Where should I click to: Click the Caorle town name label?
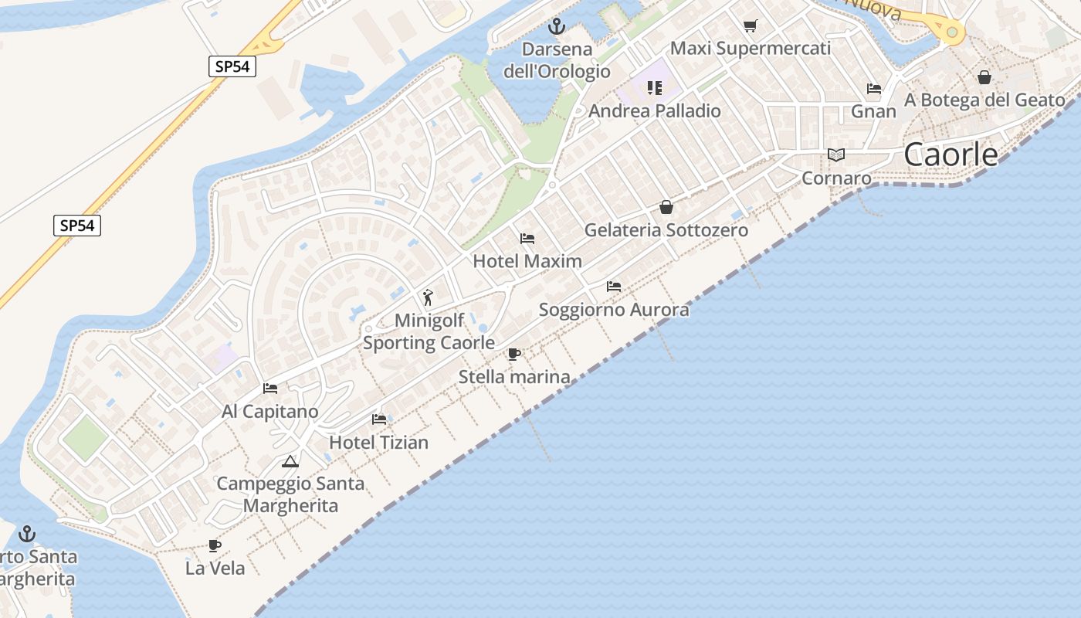click(951, 154)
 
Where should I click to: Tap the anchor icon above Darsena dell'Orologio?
click(556, 27)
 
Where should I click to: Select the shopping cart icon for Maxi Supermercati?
click(750, 26)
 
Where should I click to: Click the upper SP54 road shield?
click(232, 66)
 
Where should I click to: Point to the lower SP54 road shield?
click(78, 226)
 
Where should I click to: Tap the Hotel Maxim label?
click(527, 261)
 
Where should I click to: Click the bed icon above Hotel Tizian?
click(379, 419)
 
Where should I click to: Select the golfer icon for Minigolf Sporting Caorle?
click(428, 297)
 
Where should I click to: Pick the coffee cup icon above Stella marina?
click(514, 355)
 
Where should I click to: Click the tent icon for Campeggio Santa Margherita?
click(290, 462)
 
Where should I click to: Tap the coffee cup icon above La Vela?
click(215, 546)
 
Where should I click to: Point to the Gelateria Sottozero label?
click(666, 230)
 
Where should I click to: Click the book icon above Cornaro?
click(836, 154)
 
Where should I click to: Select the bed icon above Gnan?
click(874, 89)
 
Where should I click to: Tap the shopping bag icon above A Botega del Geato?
click(984, 77)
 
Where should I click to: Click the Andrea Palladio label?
click(655, 111)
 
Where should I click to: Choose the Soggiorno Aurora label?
click(614, 311)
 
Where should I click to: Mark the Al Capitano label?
click(269, 412)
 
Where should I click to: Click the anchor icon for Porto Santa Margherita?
click(27, 534)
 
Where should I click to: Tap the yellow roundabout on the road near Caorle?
click(952, 32)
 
